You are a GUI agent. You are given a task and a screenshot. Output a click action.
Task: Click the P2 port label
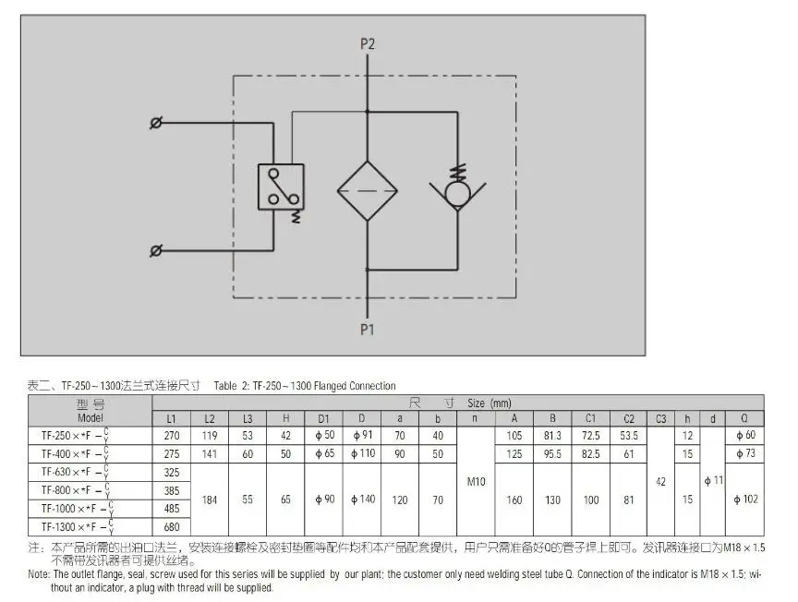coord(368,43)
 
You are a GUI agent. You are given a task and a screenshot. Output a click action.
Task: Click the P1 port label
coord(368,328)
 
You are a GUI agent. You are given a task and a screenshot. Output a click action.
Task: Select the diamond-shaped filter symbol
coord(368,189)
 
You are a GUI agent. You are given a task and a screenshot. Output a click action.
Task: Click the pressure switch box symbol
coord(282,187)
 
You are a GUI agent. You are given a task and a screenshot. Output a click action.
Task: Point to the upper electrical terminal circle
coord(156,123)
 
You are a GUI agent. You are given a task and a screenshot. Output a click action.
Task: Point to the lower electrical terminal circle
coord(156,250)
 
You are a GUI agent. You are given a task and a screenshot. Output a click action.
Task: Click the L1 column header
coord(171,418)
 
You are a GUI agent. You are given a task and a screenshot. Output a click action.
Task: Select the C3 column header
coord(660,418)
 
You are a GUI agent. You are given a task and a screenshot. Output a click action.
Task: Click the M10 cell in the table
coord(475,481)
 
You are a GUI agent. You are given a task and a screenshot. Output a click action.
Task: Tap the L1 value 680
coord(171,527)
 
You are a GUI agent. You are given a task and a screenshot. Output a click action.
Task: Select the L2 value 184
coord(209,500)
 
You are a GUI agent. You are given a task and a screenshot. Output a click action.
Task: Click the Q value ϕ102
coord(744,500)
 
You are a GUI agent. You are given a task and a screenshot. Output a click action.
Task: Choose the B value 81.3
coord(551,435)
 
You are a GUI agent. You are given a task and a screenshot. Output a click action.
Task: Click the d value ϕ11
coord(712,481)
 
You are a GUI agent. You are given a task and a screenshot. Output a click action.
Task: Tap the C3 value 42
coord(660,481)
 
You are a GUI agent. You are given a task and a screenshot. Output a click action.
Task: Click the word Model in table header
coord(90,417)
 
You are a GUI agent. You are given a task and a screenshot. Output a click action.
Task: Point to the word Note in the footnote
coord(39,573)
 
